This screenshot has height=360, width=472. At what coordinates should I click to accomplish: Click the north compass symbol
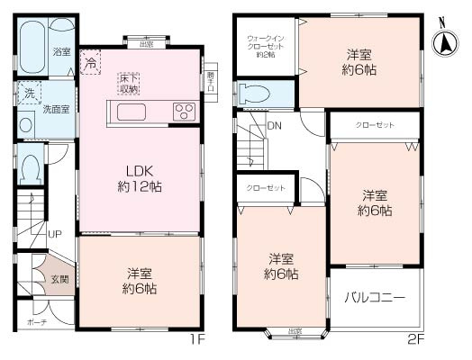444,41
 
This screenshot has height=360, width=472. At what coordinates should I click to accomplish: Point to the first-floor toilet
30,168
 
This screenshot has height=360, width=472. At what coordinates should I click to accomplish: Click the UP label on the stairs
55,234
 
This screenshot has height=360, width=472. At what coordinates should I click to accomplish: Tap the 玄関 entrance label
59,281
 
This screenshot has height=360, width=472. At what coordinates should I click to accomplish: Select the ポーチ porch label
36,321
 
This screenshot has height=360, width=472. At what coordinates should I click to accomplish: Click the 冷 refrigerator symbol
91,62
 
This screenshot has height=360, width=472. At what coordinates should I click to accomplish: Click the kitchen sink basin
130,112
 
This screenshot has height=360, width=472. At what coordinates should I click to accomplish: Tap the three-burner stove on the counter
184,112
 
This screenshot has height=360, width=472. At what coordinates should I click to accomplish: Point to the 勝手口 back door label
210,83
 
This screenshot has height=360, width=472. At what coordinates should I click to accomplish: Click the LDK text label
138,171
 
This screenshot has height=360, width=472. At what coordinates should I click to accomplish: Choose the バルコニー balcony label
374,298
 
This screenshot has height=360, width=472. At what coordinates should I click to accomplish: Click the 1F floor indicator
198,340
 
